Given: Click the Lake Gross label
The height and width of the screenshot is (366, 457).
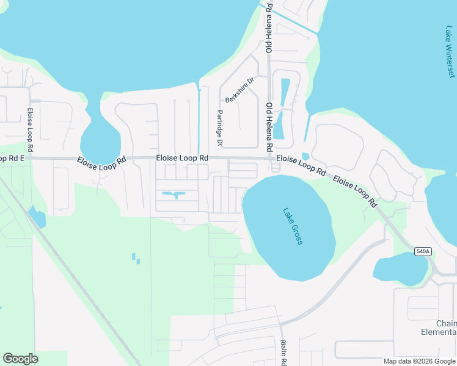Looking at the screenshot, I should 293,227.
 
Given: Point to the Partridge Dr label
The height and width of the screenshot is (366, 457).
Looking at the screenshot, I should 219,127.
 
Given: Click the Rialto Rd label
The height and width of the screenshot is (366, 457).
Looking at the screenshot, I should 283,352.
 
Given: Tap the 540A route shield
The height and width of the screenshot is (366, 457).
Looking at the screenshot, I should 422,251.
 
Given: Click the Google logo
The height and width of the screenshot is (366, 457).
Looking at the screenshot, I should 20,359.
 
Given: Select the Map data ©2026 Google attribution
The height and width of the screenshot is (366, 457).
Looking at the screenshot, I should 419,361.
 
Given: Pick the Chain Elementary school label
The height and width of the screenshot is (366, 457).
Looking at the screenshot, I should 446,328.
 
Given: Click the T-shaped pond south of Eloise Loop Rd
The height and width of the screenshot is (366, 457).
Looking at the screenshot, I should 175,195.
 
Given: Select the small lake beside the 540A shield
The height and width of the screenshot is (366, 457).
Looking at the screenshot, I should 400,269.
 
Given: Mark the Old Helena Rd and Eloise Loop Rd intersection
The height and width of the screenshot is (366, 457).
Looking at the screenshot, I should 269,159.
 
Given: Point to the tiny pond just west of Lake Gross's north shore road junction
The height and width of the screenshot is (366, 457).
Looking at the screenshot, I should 305,156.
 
